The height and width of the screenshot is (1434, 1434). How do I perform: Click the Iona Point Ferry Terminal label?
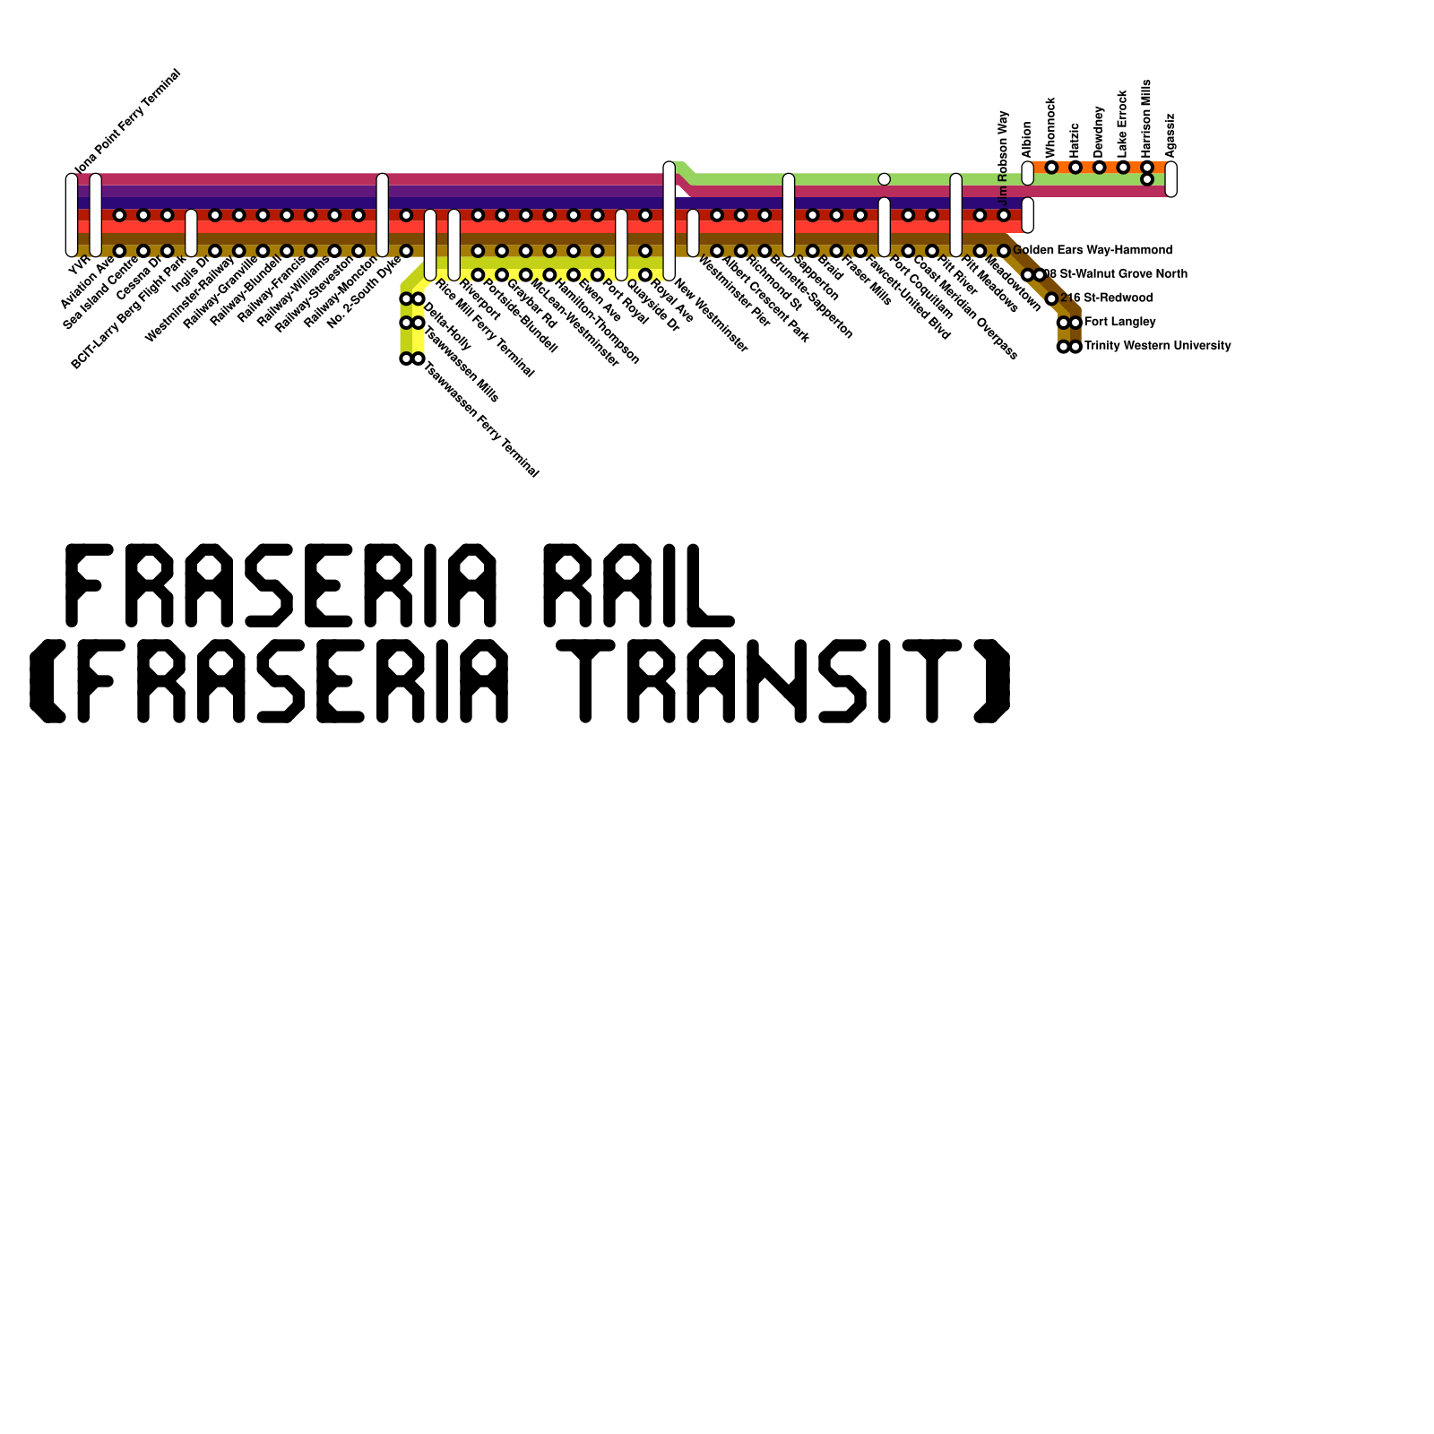[x=127, y=122]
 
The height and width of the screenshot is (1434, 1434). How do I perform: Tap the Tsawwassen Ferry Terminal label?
[x=481, y=419]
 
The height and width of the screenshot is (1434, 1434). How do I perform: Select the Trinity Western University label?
[x=1157, y=346]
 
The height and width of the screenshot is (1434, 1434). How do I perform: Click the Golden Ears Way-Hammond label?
[x=1093, y=250]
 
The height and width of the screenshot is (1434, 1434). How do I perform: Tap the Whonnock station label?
[x=1051, y=128]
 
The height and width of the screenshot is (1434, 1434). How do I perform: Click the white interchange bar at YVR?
[x=72, y=215]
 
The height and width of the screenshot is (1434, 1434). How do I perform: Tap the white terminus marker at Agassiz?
[x=1171, y=179]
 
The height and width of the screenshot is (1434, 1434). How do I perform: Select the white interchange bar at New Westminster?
[x=669, y=220]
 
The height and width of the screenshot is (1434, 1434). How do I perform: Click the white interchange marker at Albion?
[x=1027, y=173]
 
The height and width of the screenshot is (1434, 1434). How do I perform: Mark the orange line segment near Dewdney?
[x=1099, y=168]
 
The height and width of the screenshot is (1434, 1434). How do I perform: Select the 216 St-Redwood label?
[x=1106, y=298]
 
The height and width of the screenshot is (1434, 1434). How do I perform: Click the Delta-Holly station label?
[x=447, y=326]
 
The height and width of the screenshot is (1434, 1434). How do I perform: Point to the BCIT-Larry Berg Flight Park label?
[x=128, y=313]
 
